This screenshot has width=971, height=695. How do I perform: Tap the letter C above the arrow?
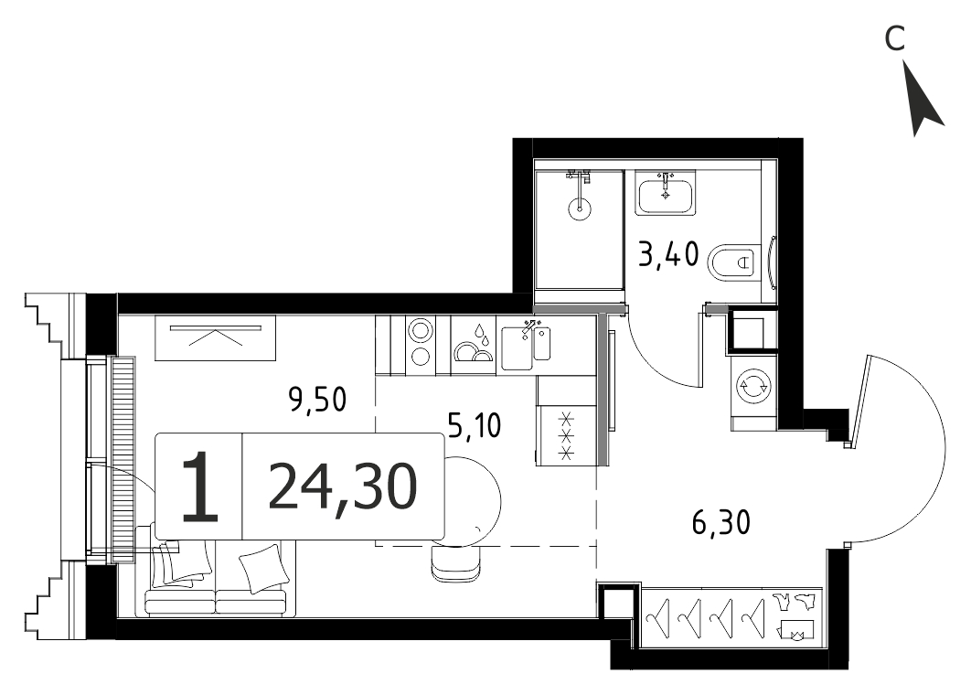point(895,39)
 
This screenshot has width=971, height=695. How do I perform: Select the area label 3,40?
point(668,254)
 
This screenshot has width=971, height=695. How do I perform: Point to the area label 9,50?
point(317,400)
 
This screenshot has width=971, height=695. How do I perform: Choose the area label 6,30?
point(720,521)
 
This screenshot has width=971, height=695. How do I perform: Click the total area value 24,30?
point(343,487)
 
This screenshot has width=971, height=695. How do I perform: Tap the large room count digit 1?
point(200,486)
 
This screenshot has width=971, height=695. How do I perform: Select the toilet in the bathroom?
point(734,262)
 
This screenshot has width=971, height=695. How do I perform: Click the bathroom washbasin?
point(666,193)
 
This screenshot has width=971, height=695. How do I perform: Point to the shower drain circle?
point(579,208)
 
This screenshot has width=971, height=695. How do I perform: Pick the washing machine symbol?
point(753,386)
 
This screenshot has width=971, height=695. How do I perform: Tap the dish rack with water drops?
point(474,345)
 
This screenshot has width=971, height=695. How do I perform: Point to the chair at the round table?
point(456,563)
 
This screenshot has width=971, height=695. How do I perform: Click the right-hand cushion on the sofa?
point(264,569)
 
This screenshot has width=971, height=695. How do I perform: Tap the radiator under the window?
point(123,459)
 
